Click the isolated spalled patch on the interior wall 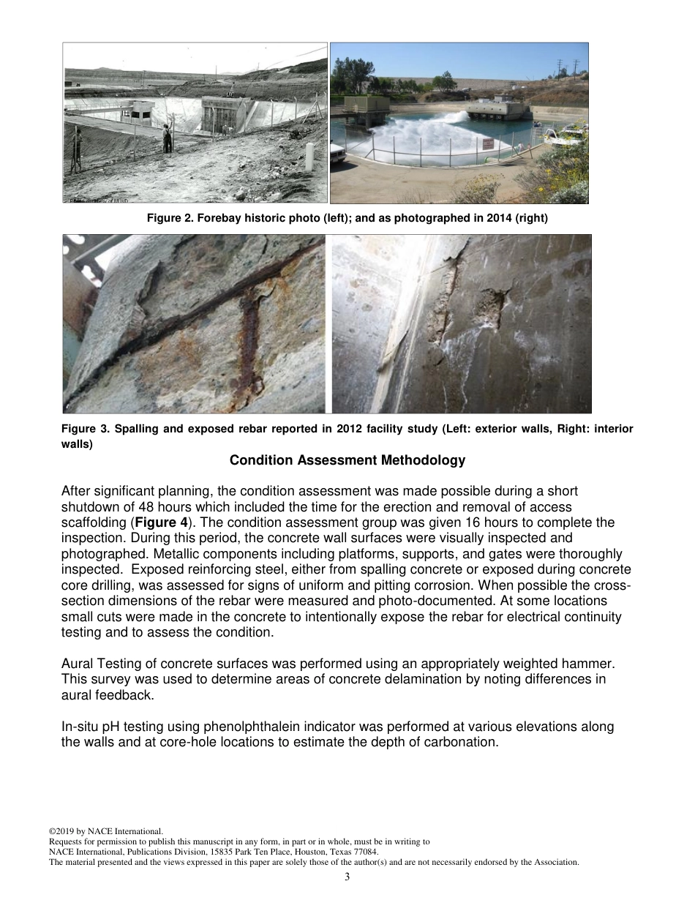492,307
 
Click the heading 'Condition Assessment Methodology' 347,460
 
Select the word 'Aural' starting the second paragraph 77,663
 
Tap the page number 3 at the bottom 347,877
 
